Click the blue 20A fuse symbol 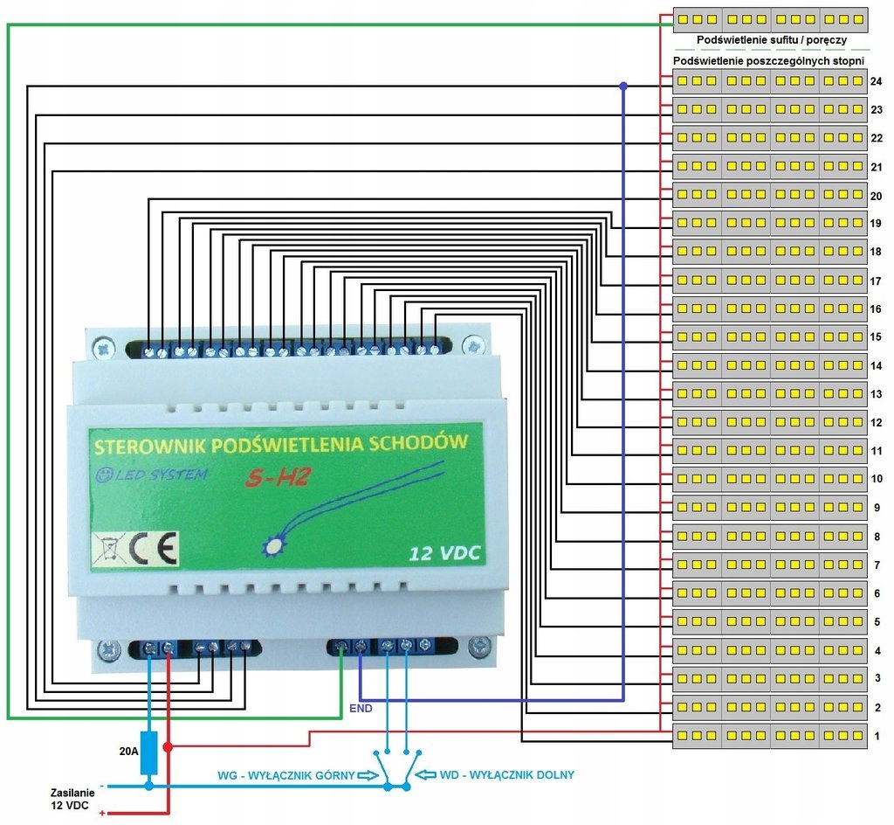(148, 753)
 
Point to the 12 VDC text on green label (444, 553)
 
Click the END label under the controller (360, 708)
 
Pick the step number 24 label (877, 82)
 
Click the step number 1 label (877, 737)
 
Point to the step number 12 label (877, 423)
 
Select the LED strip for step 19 (770, 223)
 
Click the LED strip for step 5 (770, 621)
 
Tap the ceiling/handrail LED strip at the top (772, 19)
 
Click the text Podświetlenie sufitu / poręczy (771, 40)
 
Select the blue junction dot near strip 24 (623, 86)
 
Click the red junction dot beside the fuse (167, 747)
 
